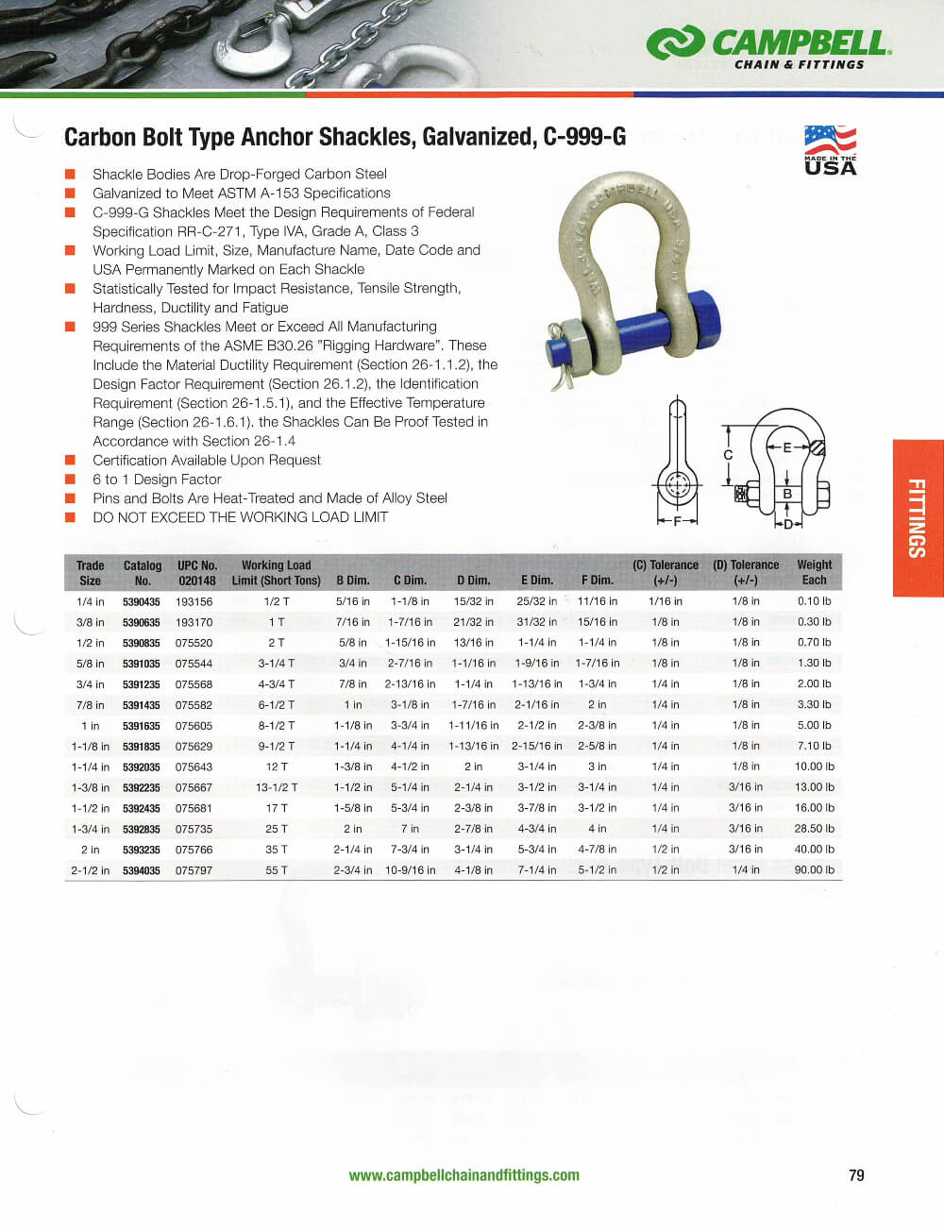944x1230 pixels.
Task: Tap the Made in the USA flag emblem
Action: coord(830,151)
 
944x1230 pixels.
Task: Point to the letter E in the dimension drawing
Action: coord(786,447)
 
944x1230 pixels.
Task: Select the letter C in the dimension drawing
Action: coord(728,455)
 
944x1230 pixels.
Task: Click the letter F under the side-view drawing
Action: coord(677,520)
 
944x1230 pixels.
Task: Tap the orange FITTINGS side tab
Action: coord(917,518)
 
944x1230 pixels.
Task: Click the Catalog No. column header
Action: coord(143,573)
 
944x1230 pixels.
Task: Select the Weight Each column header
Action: coord(814,573)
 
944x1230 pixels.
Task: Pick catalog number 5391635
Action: coord(142,726)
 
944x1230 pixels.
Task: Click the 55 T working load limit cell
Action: coord(277,870)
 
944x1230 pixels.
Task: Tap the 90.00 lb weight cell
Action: coord(814,870)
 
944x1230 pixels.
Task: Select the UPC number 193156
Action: coord(194,601)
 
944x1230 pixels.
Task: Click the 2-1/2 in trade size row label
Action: coord(90,870)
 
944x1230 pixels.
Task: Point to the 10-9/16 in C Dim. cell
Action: coord(410,870)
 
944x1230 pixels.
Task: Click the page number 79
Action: coord(856,1175)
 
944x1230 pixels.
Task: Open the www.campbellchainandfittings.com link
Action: coord(464,1175)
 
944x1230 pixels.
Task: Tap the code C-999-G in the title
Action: coord(584,137)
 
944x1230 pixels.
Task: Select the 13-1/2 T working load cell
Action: coord(277,787)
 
